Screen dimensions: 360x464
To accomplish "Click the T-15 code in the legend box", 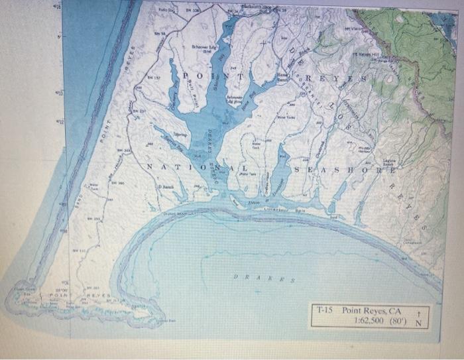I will coord(324,310).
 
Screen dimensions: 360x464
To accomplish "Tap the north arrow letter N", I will coord(418,323).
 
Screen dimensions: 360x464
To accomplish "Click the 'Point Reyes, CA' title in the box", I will coord(372,310).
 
